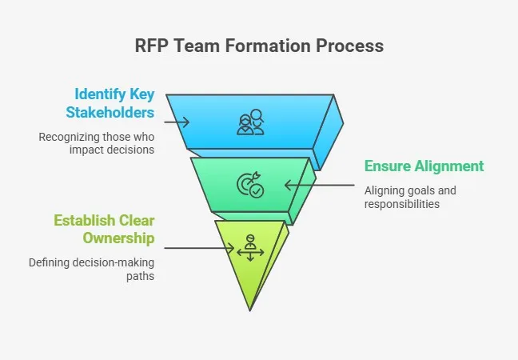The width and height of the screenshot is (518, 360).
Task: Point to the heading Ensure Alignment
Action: pos(424,166)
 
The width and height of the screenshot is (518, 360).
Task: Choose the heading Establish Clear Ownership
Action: pos(104,229)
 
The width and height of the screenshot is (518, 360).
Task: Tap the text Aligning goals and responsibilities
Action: pos(410,197)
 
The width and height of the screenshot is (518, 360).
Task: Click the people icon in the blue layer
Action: pos(249,122)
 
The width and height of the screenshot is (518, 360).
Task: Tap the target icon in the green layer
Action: pos(249,186)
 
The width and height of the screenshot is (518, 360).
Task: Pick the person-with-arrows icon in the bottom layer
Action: pos(249,248)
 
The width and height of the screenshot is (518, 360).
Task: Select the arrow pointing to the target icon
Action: pos(319,186)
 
